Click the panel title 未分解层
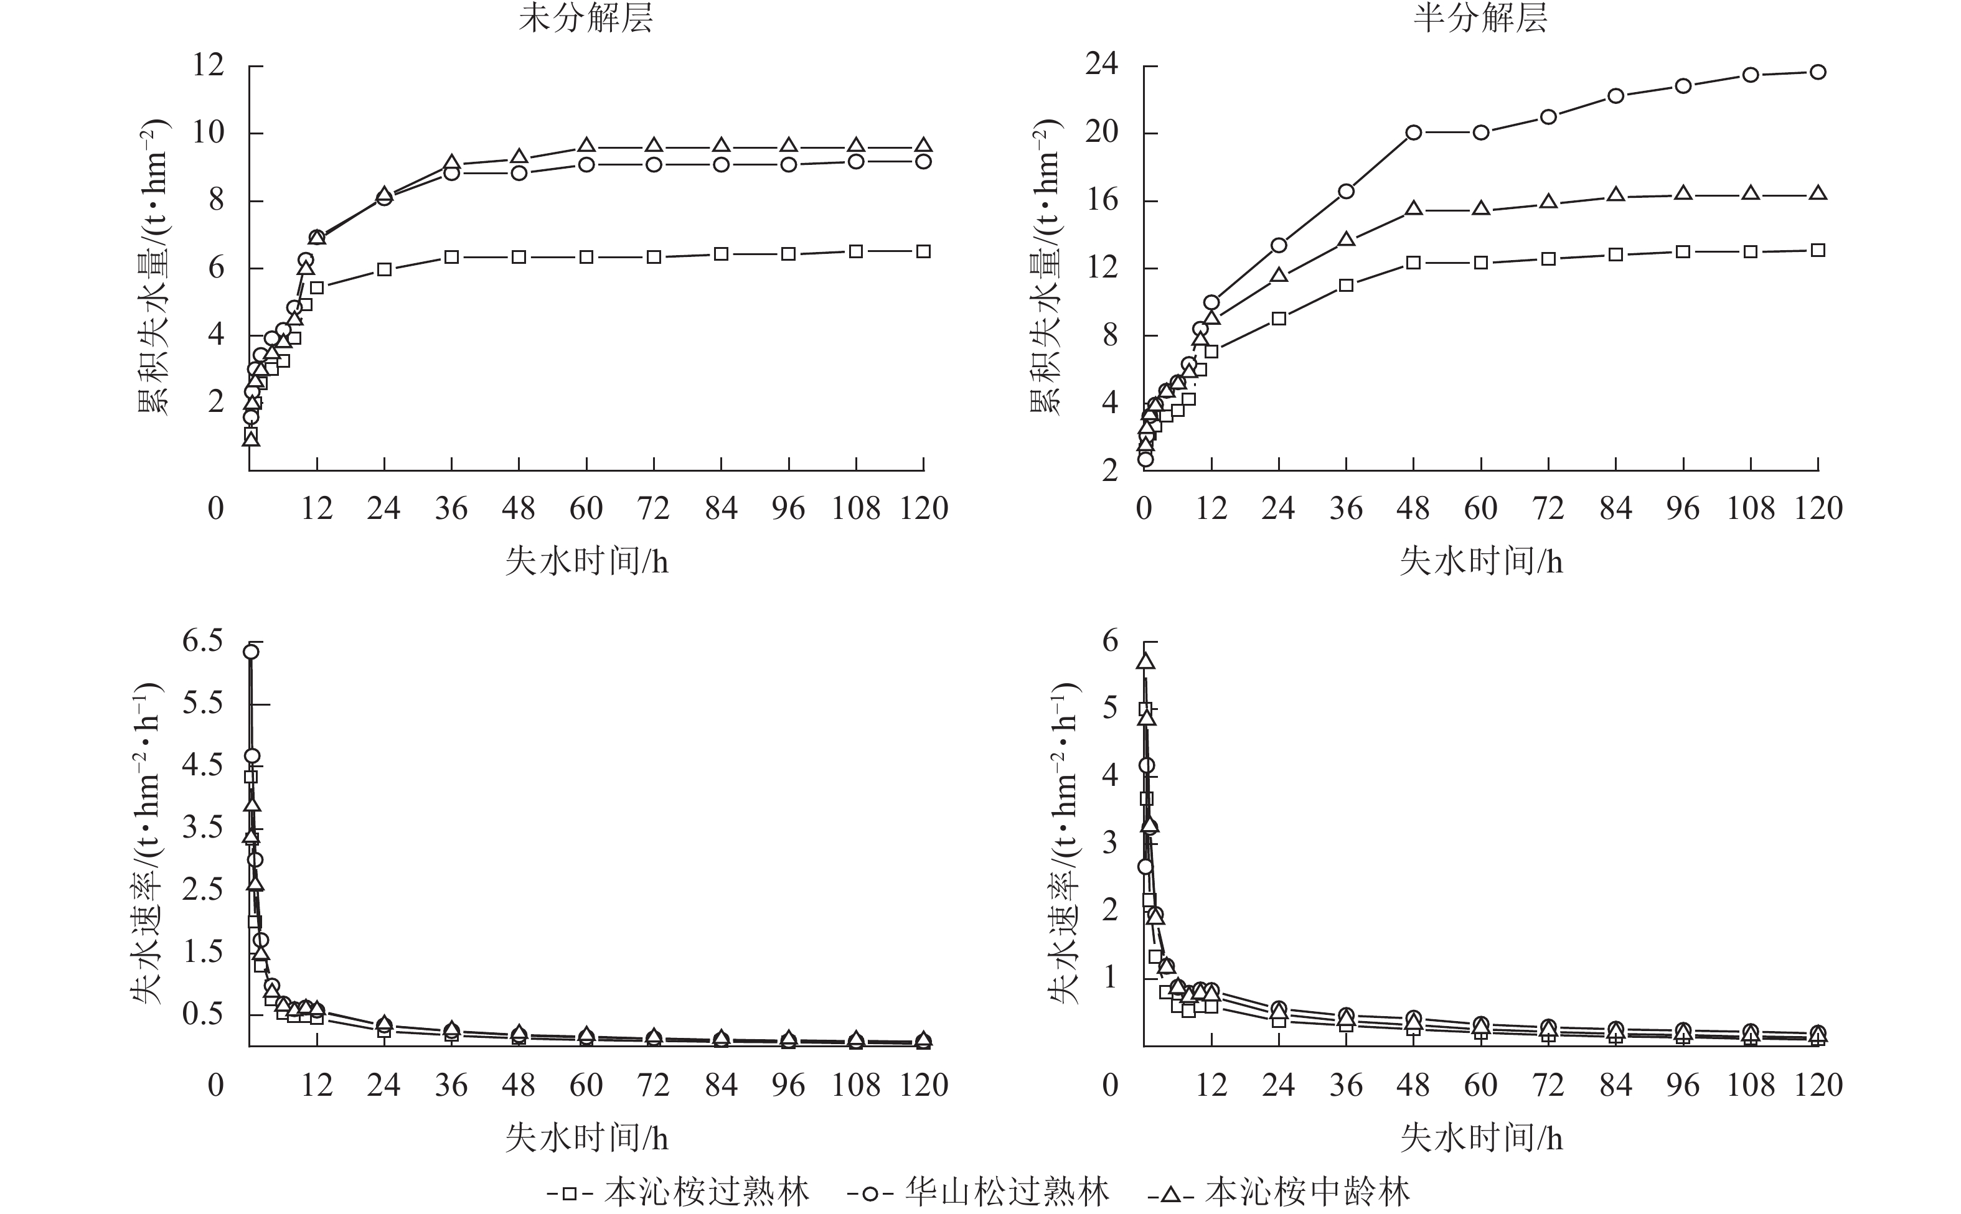click(x=585, y=17)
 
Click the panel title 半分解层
click(x=1480, y=17)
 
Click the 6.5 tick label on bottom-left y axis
click(x=202, y=641)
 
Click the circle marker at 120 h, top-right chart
click(x=1818, y=72)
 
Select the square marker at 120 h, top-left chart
click(x=923, y=251)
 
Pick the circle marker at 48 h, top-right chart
click(x=1413, y=133)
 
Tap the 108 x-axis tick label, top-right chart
click(x=1750, y=508)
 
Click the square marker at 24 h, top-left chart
click(x=384, y=270)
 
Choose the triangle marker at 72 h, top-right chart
click(x=1548, y=202)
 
